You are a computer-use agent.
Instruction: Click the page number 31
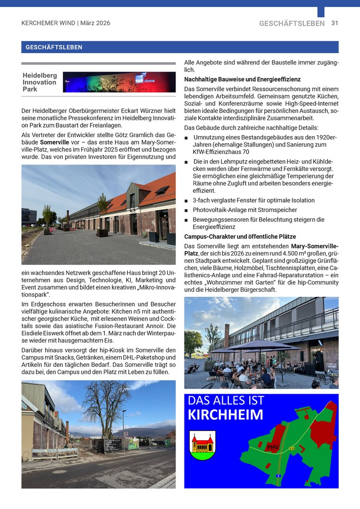pos(335,23)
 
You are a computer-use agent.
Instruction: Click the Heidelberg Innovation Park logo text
pos(40,82)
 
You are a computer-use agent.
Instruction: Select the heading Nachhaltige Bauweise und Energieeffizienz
pos(242,80)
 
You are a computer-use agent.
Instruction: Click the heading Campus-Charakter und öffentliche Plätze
pos(240,237)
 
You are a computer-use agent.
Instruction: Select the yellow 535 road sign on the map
pos(292,448)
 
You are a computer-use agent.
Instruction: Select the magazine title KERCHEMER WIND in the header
pos(48,23)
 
